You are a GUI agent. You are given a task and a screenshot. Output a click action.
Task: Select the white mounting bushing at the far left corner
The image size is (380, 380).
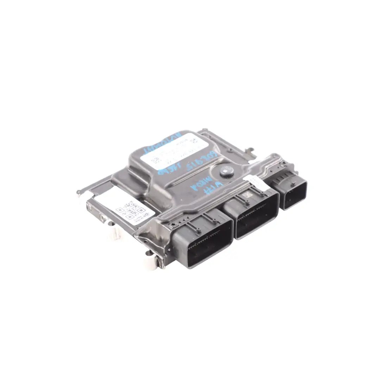83,193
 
